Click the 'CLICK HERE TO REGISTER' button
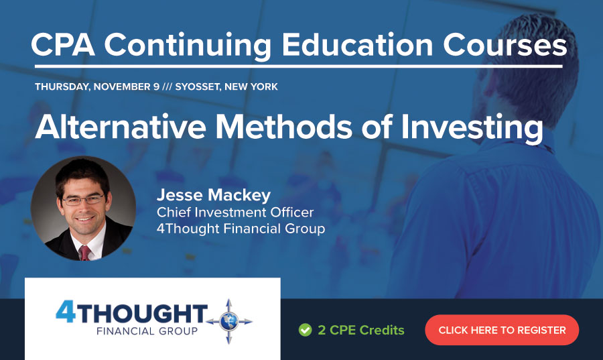point(502,330)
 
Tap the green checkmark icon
point(305,330)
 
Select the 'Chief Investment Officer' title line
point(234,213)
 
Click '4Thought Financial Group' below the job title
point(241,229)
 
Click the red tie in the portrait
point(84,253)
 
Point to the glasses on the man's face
point(82,199)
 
